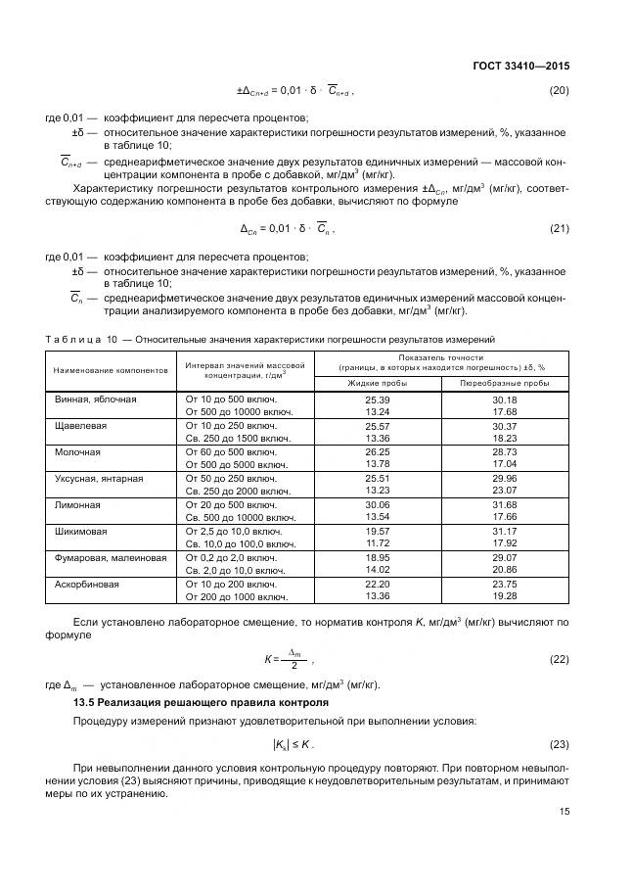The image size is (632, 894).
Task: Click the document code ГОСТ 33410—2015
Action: click(x=519, y=67)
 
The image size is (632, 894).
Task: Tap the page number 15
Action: click(x=564, y=810)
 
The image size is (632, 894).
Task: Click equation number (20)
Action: click(x=559, y=91)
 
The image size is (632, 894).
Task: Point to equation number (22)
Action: click(x=559, y=659)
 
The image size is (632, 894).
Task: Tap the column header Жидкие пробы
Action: click(x=377, y=383)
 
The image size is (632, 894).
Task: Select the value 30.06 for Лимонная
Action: click(x=377, y=505)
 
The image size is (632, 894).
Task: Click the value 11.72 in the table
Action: click(x=377, y=542)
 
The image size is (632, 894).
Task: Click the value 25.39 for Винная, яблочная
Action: click(x=377, y=400)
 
